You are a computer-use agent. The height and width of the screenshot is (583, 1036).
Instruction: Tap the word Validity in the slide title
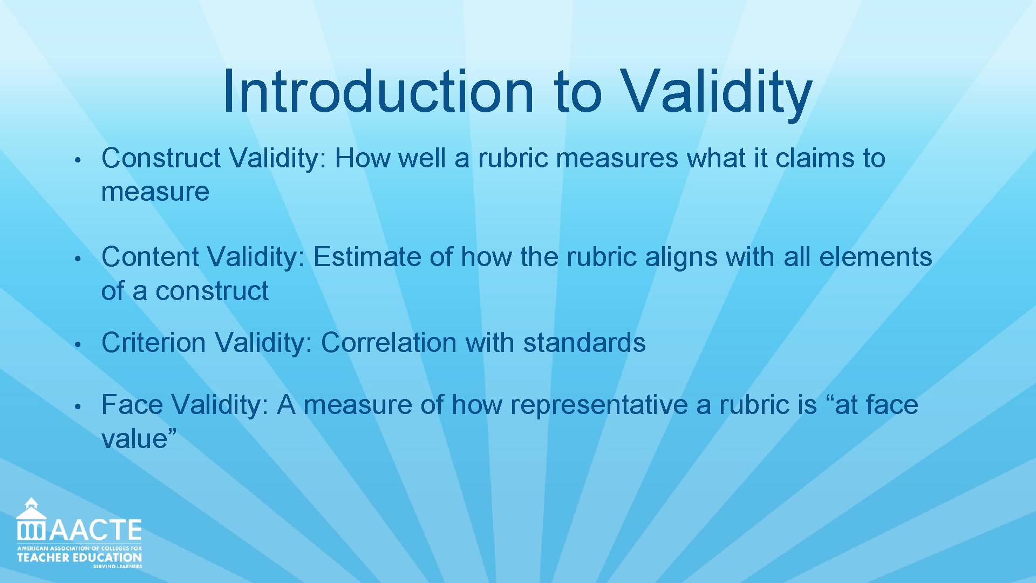[717, 92]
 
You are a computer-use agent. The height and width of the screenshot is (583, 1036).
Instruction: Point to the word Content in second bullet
[150, 257]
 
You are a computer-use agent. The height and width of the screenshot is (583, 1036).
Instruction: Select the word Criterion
[153, 343]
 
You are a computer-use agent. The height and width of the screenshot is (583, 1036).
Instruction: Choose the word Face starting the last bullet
[132, 405]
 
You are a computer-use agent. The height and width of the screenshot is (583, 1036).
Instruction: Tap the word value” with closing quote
[139, 438]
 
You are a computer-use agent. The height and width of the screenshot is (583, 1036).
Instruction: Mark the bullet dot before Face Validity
[78, 406]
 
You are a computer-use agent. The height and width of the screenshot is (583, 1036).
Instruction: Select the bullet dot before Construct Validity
[78, 160]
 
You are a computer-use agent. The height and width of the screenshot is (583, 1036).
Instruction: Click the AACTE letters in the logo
[96, 530]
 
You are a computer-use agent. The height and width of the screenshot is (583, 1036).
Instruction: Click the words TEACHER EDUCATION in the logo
[79, 558]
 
